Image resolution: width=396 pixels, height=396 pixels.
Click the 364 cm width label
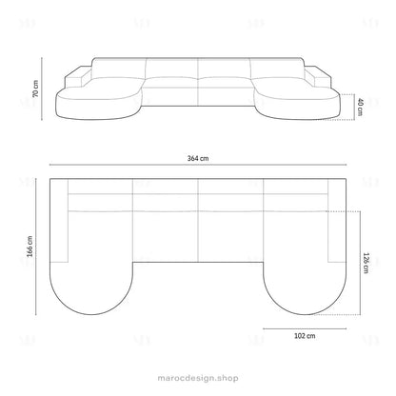point(198,158)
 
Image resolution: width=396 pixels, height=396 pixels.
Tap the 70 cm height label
point(35,89)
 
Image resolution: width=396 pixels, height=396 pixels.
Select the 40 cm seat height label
point(360,108)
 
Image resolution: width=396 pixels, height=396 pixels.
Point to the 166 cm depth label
point(30,247)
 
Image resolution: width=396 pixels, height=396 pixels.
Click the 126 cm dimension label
point(366,263)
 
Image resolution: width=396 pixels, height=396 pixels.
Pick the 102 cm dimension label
point(305,336)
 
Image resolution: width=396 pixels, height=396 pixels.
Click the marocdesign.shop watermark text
point(198,378)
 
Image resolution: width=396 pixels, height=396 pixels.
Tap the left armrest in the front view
point(78,77)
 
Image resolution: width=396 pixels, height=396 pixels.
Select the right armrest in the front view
point(318,77)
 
